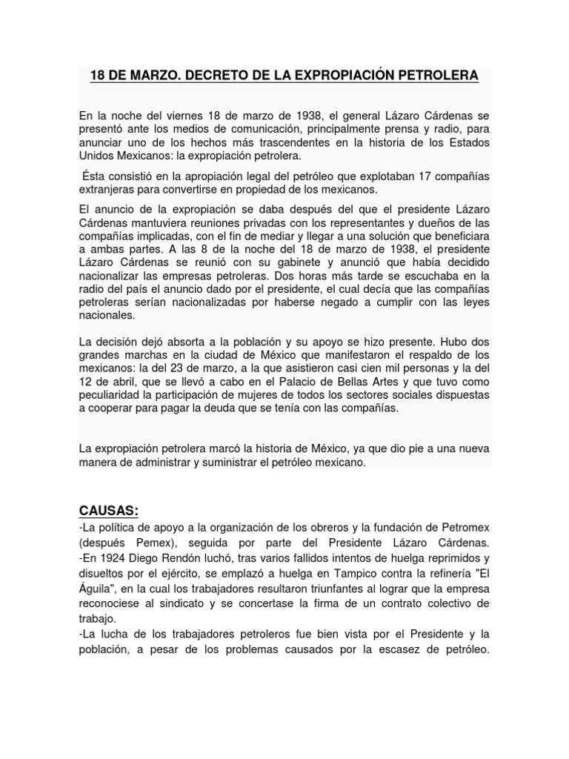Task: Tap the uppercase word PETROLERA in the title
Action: tap(435, 76)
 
